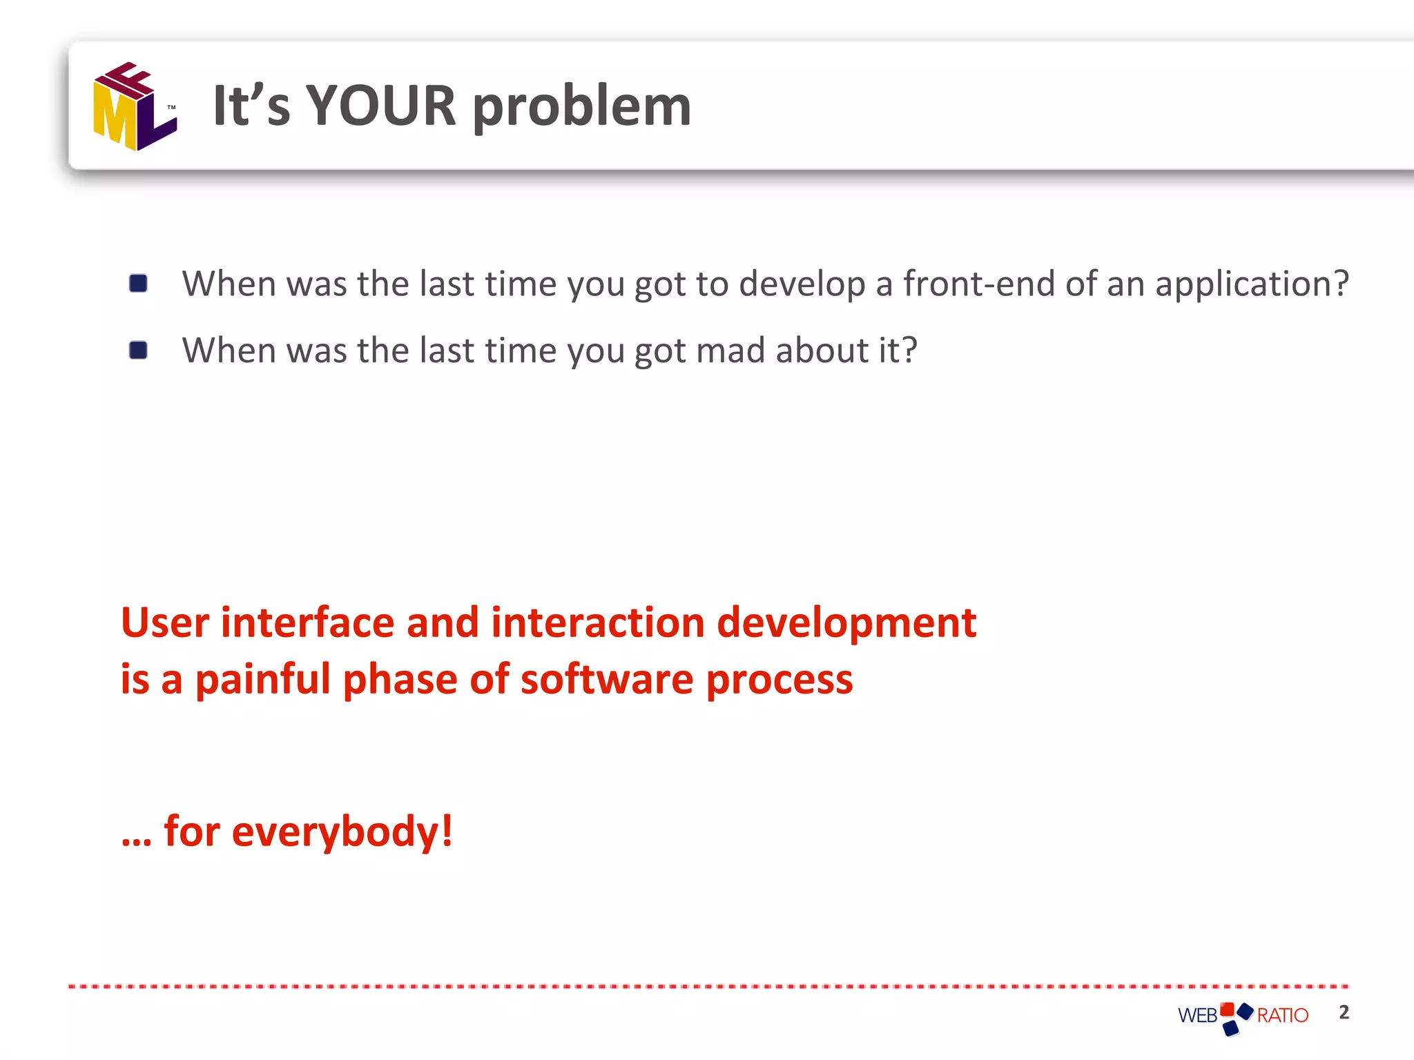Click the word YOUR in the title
pos(380,106)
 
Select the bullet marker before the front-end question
pos(138,284)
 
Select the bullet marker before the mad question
pos(138,351)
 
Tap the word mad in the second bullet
pos(730,351)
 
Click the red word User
pos(165,622)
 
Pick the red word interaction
pos(598,622)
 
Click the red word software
pos(607,680)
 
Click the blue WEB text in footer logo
pos(1197,1016)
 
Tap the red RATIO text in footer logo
pos(1282,1016)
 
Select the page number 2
pos(1344,1012)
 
